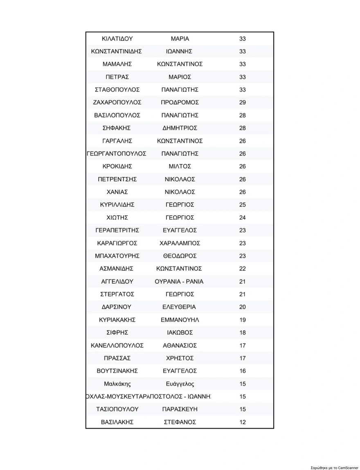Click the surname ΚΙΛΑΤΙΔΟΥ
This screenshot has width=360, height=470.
[x=117, y=39]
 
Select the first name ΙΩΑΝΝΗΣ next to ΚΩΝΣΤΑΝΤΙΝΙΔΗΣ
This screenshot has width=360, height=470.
[x=179, y=52]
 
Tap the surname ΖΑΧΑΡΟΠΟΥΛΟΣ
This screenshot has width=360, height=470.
[x=117, y=102]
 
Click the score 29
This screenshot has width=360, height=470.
[x=243, y=102]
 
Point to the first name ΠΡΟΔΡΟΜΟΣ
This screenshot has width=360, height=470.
[x=180, y=102]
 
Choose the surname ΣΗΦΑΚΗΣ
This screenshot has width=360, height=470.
[x=117, y=128]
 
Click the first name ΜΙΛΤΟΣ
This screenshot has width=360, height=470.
[x=180, y=167]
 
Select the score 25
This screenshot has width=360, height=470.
[x=243, y=205]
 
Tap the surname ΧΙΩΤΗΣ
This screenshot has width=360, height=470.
[x=117, y=217]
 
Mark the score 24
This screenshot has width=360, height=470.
[x=243, y=217]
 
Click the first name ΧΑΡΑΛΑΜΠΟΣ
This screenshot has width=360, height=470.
[x=180, y=243]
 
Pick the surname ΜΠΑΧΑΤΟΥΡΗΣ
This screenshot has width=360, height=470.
[x=117, y=256]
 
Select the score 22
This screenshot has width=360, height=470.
[x=243, y=269]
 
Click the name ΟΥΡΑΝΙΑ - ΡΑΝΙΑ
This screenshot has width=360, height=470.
[x=179, y=282]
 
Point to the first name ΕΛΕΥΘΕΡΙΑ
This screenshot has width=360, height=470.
[x=180, y=307]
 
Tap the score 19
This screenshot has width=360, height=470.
[x=243, y=320]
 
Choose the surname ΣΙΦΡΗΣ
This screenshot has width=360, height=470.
[x=117, y=332]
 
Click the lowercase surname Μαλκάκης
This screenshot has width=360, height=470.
[x=117, y=384]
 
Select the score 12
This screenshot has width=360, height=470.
[x=243, y=422]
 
